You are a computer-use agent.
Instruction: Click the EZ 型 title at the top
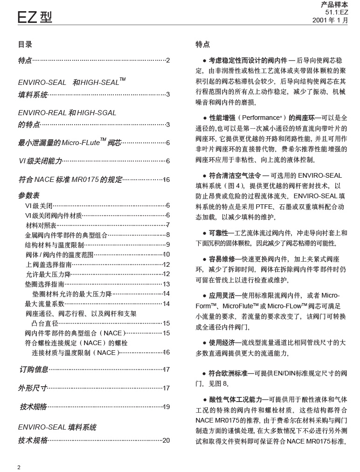pyautogui.click(x=35, y=17)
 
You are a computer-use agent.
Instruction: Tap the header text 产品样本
pyautogui.click(x=334, y=4)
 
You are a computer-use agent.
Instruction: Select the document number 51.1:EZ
pyautogui.click(x=336, y=13)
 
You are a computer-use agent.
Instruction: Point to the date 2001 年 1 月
pyautogui.click(x=330, y=21)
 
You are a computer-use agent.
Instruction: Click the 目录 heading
pyautogui.click(x=25, y=45)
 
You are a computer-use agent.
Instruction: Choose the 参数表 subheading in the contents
pyautogui.click(x=29, y=195)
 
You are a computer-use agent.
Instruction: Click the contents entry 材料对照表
pyautogui.click(x=41, y=225)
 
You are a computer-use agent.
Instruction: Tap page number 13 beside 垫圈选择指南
pyautogui.click(x=166, y=284)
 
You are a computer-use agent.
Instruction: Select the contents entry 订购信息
pyautogui.click(x=34, y=369)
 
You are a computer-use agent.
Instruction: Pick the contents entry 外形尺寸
pyautogui.click(x=33, y=388)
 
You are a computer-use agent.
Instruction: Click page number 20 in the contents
pyautogui.click(x=166, y=440)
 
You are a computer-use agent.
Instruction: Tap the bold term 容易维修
pyautogui.click(x=222, y=259)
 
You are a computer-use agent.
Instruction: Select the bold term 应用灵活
pyautogui.click(x=222, y=295)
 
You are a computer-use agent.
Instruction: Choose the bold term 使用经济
pyautogui.click(x=222, y=342)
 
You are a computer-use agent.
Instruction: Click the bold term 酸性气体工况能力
pyautogui.click(x=235, y=400)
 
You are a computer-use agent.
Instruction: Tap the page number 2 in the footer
pyautogui.click(x=19, y=467)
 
